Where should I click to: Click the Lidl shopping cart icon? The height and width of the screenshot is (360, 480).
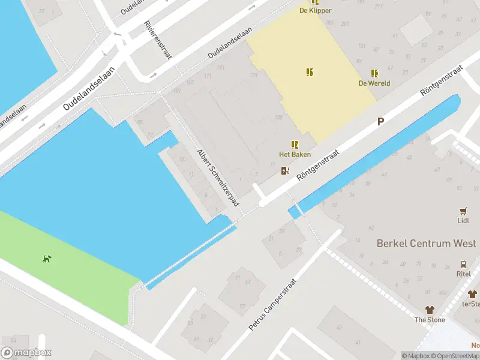click(x=463, y=211)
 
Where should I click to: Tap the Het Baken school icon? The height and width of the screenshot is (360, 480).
click(x=295, y=145)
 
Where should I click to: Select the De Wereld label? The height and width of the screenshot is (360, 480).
click(x=374, y=83)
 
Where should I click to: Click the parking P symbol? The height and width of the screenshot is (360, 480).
click(x=380, y=122)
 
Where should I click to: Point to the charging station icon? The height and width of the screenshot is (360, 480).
click(x=284, y=171)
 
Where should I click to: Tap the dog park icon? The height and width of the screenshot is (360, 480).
click(x=46, y=259)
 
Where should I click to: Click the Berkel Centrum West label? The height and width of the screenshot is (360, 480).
click(x=426, y=243)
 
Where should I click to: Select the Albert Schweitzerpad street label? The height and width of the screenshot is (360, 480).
click(x=218, y=177)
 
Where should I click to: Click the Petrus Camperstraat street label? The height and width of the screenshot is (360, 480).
click(x=273, y=305)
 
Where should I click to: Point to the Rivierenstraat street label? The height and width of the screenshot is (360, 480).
click(x=158, y=40)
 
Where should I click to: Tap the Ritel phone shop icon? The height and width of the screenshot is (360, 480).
click(x=463, y=265)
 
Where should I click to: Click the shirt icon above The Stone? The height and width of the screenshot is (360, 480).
click(x=430, y=310)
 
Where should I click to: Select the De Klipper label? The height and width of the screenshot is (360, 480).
click(x=316, y=10)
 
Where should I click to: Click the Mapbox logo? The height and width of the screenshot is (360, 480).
click(x=26, y=353)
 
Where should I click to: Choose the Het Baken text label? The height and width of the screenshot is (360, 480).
click(x=295, y=154)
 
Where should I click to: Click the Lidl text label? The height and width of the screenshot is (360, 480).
click(x=463, y=220)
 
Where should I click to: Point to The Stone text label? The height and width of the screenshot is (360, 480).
click(x=430, y=320)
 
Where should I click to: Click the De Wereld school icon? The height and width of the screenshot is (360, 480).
click(x=374, y=73)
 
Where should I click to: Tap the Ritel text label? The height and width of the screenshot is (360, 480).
click(x=463, y=274)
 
